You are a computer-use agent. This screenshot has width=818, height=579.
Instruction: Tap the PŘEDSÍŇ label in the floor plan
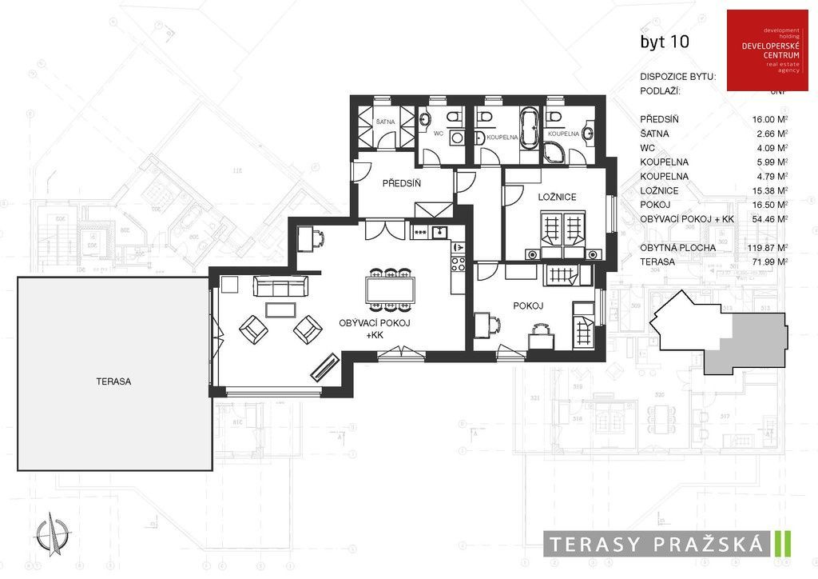pyautogui.click(x=401, y=183)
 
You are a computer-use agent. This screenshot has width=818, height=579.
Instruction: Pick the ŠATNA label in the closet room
pyautogui.click(x=385, y=122)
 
